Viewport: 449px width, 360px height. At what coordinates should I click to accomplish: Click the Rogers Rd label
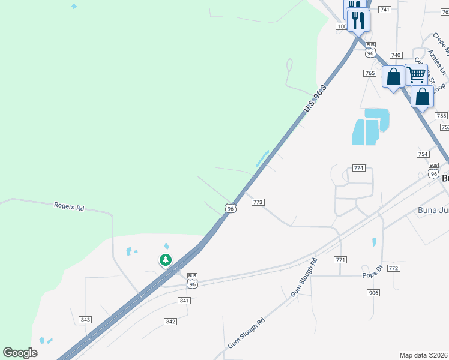click(x=69, y=207)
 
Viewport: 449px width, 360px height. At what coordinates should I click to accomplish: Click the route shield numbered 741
click(x=385, y=10)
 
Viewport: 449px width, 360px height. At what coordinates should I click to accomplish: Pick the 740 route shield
click(x=396, y=55)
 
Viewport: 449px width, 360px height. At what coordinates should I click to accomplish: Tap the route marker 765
click(x=370, y=73)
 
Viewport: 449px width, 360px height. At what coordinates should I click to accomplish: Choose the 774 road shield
click(x=359, y=168)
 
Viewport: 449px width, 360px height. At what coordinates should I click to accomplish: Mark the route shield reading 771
click(x=341, y=260)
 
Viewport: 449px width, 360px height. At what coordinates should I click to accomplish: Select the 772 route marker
click(x=394, y=268)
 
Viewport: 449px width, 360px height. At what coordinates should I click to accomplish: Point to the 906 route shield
click(x=373, y=292)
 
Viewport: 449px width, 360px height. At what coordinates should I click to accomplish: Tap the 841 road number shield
click(x=184, y=301)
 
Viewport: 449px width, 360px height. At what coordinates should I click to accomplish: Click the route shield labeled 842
click(x=170, y=322)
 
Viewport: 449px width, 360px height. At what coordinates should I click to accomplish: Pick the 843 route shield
click(x=85, y=320)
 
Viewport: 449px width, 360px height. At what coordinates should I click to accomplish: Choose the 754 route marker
click(x=423, y=154)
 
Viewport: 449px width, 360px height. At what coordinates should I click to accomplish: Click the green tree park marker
click(x=165, y=260)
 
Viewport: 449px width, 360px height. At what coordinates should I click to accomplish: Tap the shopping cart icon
click(x=416, y=75)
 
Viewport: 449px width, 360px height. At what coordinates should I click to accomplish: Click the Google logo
click(x=20, y=353)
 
